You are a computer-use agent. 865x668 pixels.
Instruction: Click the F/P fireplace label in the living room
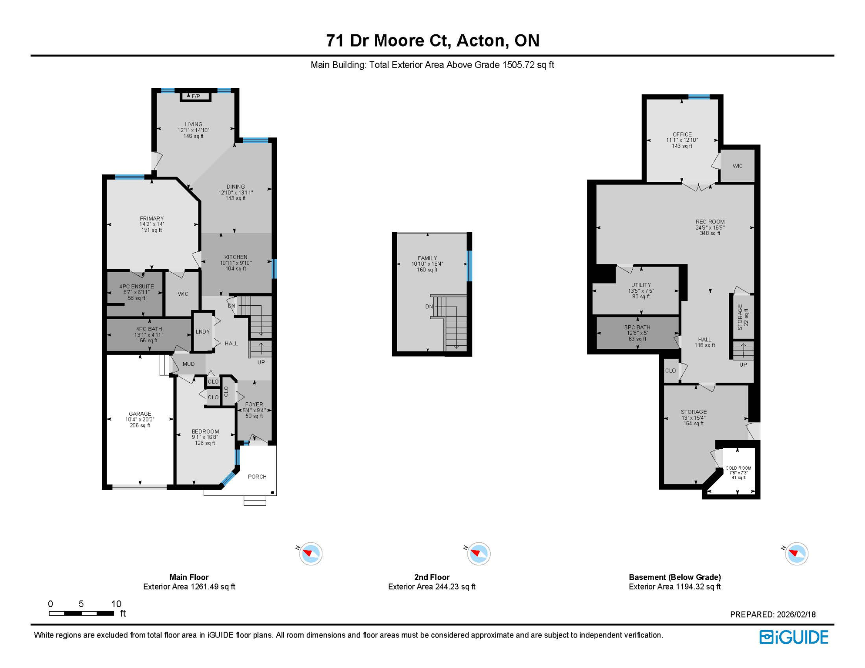196,96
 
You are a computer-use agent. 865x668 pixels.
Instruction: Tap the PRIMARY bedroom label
151,218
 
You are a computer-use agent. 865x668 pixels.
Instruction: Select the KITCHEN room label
236,257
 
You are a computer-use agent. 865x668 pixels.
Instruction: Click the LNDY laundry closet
203,331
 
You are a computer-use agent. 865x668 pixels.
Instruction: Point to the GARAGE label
140,414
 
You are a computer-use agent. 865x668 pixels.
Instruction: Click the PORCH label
257,477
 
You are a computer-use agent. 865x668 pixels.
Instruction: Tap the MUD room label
188,364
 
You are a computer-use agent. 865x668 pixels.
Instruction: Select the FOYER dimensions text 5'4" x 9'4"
254,410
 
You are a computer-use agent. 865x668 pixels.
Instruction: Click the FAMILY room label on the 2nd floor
427,258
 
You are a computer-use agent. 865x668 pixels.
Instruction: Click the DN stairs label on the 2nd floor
429,307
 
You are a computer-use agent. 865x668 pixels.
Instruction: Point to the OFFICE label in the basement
682,134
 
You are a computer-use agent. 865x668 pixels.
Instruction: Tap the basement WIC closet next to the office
738,166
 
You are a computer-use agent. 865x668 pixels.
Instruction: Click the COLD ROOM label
738,468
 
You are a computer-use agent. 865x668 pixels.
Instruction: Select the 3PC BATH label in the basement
637,327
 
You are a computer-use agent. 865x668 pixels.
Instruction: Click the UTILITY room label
641,285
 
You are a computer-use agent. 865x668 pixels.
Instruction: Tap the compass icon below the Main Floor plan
311,554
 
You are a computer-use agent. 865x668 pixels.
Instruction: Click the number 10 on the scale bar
116,604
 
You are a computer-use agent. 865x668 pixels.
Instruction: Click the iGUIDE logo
794,637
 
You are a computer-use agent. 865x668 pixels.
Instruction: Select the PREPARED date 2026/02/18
796,615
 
